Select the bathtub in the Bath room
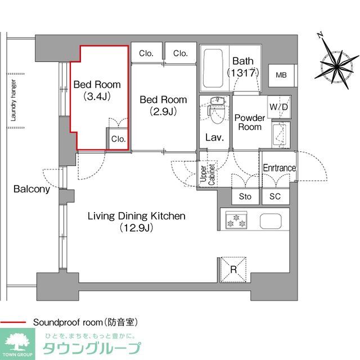(213, 69)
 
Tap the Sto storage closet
(245, 197)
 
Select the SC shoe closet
(275, 197)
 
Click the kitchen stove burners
(236, 220)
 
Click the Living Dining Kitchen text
(136, 216)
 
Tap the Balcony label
(32, 190)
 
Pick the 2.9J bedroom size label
(163, 111)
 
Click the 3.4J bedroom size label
(97, 96)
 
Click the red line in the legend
(14, 322)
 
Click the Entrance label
(279, 168)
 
